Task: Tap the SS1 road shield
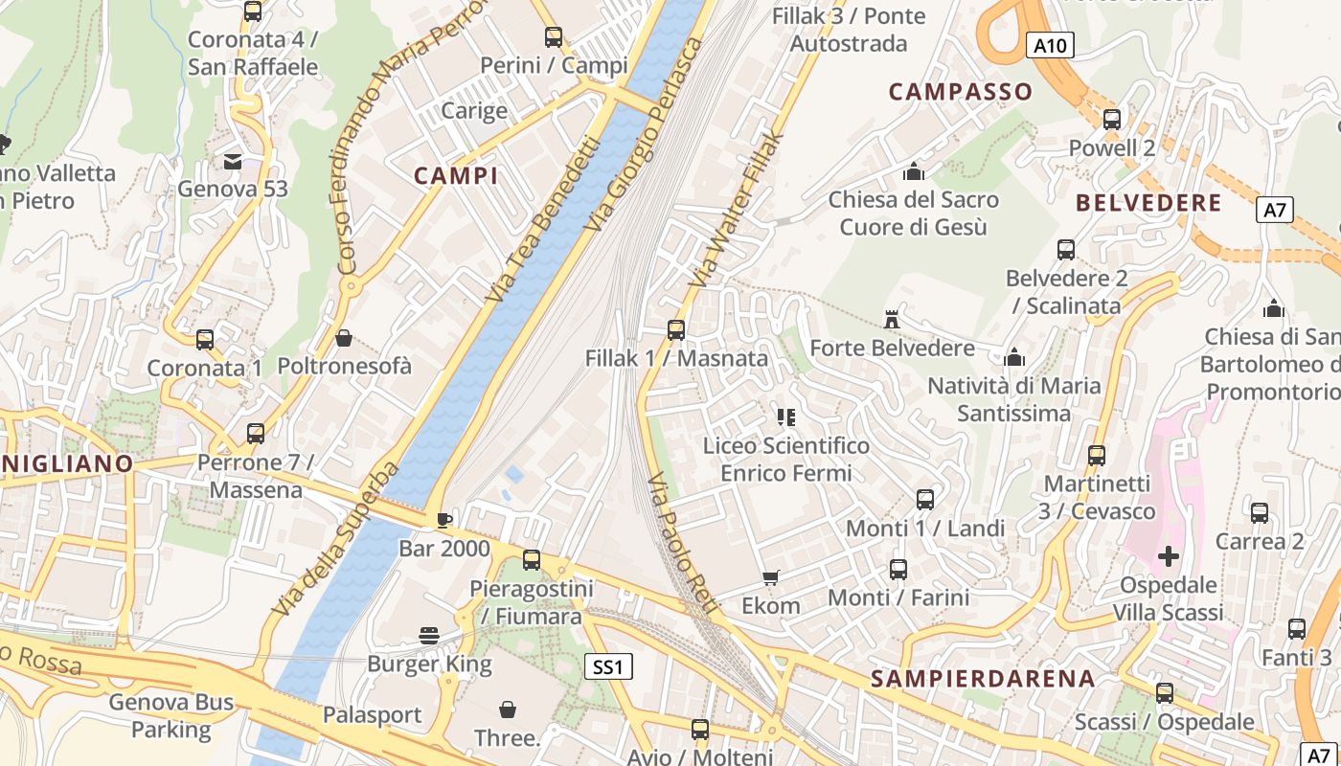pyautogui.click(x=608, y=666)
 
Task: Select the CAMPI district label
pyautogui.click(x=456, y=175)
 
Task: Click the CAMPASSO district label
pyautogui.click(x=961, y=92)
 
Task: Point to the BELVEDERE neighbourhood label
pyautogui.click(x=1148, y=203)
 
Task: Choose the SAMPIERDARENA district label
pyautogui.click(x=983, y=679)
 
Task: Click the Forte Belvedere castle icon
pyautogui.click(x=892, y=319)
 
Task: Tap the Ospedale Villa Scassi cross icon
pyautogui.click(x=1169, y=555)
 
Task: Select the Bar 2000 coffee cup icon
pyautogui.click(x=443, y=520)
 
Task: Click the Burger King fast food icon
pyautogui.click(x=429, y=635)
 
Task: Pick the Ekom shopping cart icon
pyautogui.click(x=770, y=576)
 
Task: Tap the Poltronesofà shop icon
pyautogui.click(x=344, y=338)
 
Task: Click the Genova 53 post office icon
pyautogui.click(x=233, y=161)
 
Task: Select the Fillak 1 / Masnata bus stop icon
pyautogui.click(x=676, y=329)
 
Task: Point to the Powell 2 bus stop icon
pyautogui.click(x=1112, y=120)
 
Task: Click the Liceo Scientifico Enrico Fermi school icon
pyautogui.click(x=785, y=417)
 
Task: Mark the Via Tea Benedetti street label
pyautogui.click(x=542, y=220)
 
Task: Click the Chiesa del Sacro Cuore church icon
pyautogui.click(x=914, y=171)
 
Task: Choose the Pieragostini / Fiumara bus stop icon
pyautogui.click(x=532, y=560)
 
